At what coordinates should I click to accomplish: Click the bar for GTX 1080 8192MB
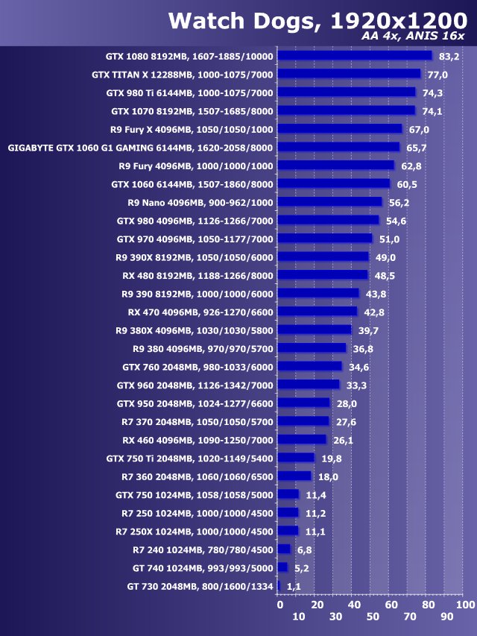[x=354, y=56]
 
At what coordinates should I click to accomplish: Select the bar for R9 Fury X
[x=339, y=129]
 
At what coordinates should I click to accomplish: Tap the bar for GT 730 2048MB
[x=279, y=586]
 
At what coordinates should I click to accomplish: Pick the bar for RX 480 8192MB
[x=323, y=275]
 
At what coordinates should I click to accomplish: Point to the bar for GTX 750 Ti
[x=296, y=458]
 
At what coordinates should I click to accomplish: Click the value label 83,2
[x=449, y=57]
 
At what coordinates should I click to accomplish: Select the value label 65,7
[x=417, y=148]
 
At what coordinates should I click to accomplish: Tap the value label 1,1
[x=294, y=587]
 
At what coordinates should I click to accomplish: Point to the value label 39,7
[x=368, y=330]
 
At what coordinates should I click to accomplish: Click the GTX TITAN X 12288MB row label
[x=183, y=75]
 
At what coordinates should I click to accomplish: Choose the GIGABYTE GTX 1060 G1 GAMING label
[x=141, y=148]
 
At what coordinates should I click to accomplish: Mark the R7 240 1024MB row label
[x=203, y=550]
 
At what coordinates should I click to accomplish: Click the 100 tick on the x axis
[x=464, y=604]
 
